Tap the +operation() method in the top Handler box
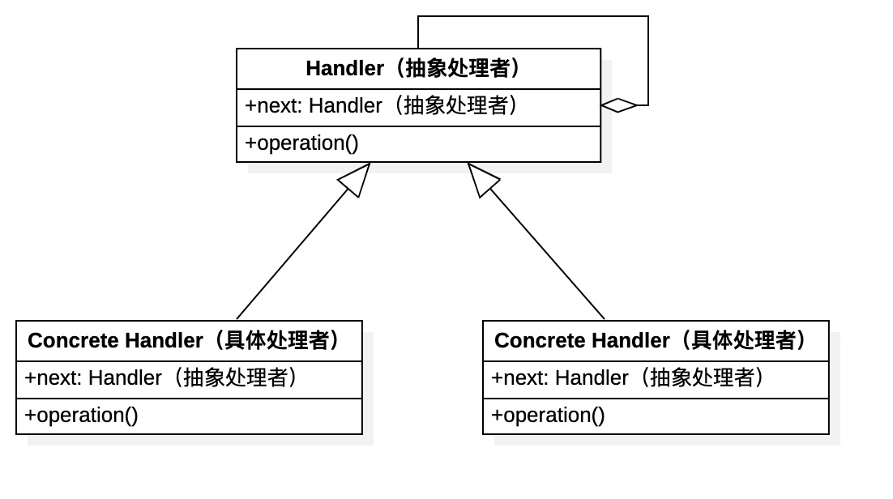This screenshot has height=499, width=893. tap(302, 143)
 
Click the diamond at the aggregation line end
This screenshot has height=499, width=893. tap(619, 105)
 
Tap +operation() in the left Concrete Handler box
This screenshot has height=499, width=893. tap(82, 416)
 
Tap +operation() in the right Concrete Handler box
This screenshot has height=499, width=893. tap(549, 416)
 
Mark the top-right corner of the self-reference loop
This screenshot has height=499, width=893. tap(648, 16)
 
